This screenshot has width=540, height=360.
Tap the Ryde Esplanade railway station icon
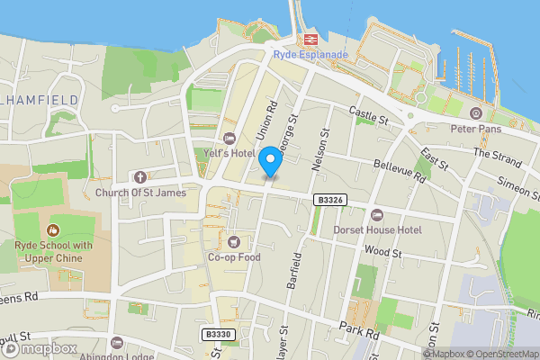pos(311,40)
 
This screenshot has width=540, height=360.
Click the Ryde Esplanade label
pos(311,55)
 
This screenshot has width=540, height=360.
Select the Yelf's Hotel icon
pos(229,138)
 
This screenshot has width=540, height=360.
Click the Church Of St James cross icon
pos(139,177)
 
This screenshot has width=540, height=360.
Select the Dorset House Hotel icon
pos(376,215)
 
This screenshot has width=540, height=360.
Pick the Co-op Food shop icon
pos(234,241)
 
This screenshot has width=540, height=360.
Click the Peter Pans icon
pos(475,113)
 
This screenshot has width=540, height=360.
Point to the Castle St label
pos(369,115)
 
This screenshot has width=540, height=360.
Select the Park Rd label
pos(360,330)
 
